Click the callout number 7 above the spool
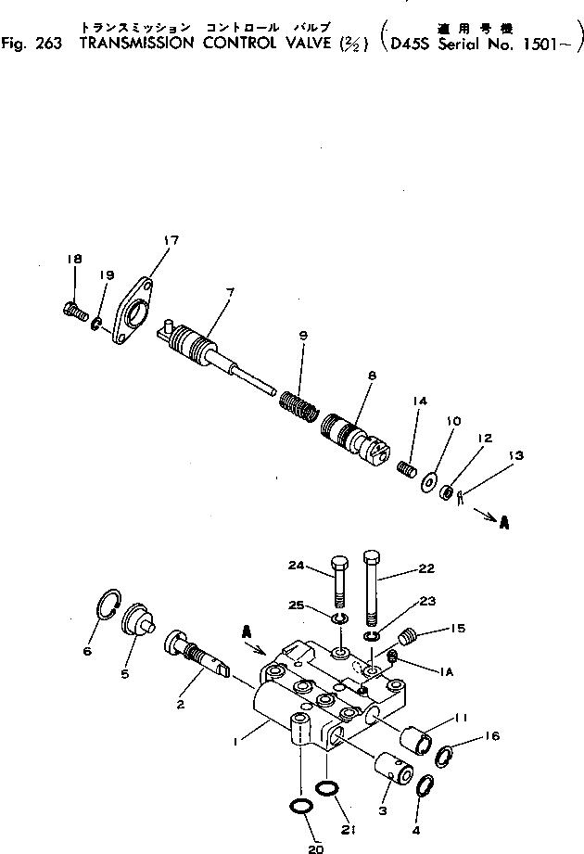[229, 292]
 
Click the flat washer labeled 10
[430, 482]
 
